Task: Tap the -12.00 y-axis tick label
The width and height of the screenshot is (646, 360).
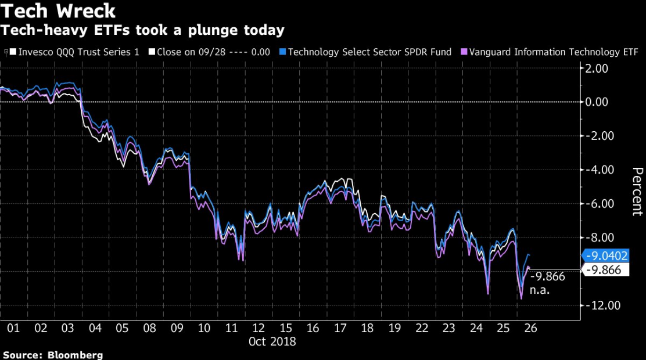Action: (x=598, y=305)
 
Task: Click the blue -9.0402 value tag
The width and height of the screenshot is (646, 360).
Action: (x=606, y=255)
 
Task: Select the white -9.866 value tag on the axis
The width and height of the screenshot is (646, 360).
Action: (x=604, y=269)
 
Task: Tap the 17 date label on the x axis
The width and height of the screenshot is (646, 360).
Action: (x=339, y=328)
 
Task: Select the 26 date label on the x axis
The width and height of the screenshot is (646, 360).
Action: (x=529, y=328)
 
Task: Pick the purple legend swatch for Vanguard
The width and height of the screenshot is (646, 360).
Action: (x=463, y=52)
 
